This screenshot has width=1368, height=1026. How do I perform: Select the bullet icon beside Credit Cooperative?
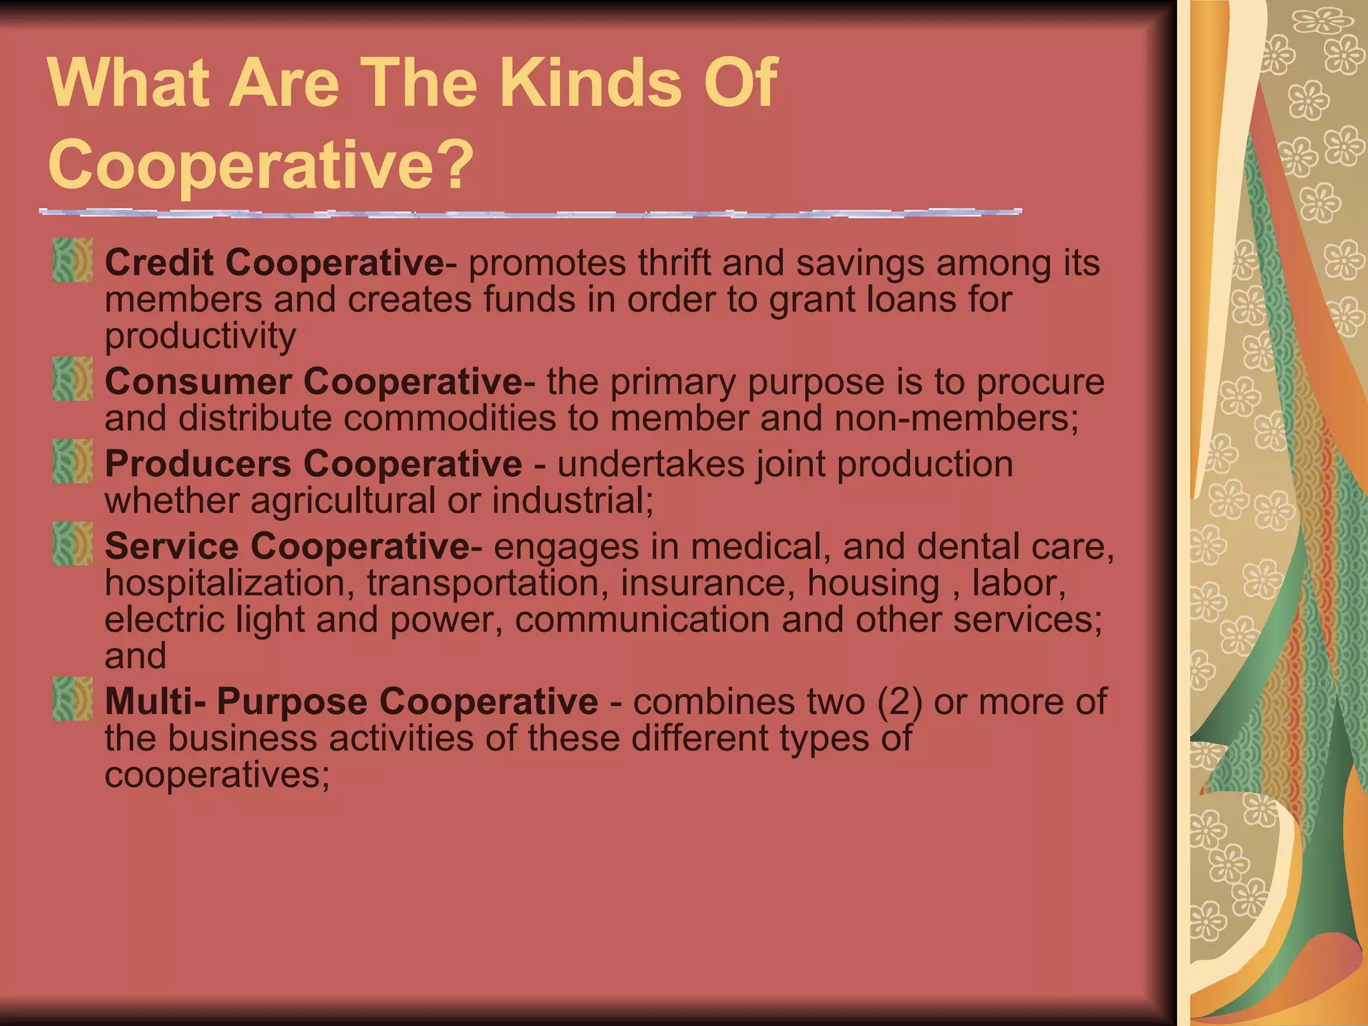coord(72,260)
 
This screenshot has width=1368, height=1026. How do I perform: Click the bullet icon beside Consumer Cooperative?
coord(72,379)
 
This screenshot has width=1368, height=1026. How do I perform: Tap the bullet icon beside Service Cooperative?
coord(72,543)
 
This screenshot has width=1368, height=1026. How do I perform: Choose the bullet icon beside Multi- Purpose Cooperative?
coord(72,698)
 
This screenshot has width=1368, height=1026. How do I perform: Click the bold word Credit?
coord(159,262)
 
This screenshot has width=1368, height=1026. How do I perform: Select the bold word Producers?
coord(198,464)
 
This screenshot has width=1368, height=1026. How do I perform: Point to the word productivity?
coord(200,336)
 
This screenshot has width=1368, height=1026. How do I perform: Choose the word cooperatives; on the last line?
coord(217,775)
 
